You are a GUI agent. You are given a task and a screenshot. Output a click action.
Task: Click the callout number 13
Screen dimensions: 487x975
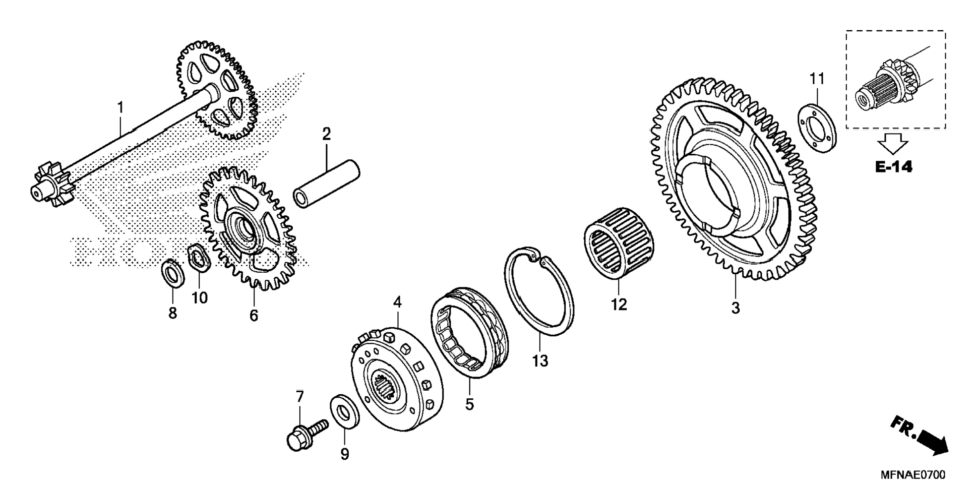(x=539, y=361)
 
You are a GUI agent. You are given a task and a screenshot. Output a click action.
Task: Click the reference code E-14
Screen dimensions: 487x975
(x=893, y=167)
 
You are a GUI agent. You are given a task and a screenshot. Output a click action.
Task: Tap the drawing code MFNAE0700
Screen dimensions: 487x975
(x=912, y=475)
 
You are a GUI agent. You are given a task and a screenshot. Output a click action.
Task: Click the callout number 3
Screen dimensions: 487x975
(x=735, y=308)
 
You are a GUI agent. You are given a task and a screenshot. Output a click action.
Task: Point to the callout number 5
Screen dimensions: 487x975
(x=469, y=404)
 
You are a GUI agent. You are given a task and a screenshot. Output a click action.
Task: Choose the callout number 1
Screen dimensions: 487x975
(x=120, y=107)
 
